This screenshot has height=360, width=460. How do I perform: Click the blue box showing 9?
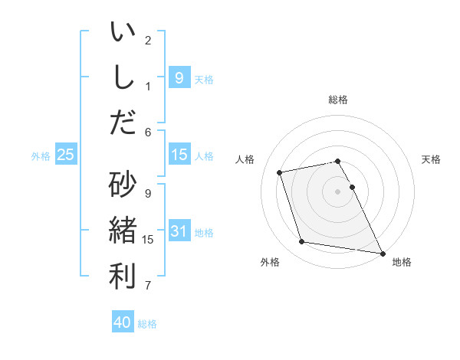pos(179,77)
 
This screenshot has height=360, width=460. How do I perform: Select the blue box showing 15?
pos(179,155)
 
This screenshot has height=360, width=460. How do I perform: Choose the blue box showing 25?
pos(66,155)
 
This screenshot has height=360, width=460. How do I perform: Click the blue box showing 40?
pos(123,322)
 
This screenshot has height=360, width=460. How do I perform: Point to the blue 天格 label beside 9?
pos(204,79)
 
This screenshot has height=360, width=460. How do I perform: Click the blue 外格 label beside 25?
pos(41,155)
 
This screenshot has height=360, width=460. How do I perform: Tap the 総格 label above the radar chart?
pos(338,100)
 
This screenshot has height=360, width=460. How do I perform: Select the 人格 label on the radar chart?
pos(245,159)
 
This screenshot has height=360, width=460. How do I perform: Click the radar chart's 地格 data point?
pos(382,253)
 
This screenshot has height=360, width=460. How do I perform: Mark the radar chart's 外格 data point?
pos(302,242)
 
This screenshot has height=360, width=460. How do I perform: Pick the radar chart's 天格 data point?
pos(352,187)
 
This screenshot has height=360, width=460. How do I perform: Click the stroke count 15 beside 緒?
pos(148,240)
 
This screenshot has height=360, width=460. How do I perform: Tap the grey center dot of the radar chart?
pos(338,191)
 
